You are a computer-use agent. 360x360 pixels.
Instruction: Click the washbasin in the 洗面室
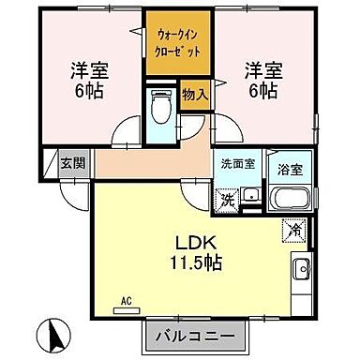tap(250, 196)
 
